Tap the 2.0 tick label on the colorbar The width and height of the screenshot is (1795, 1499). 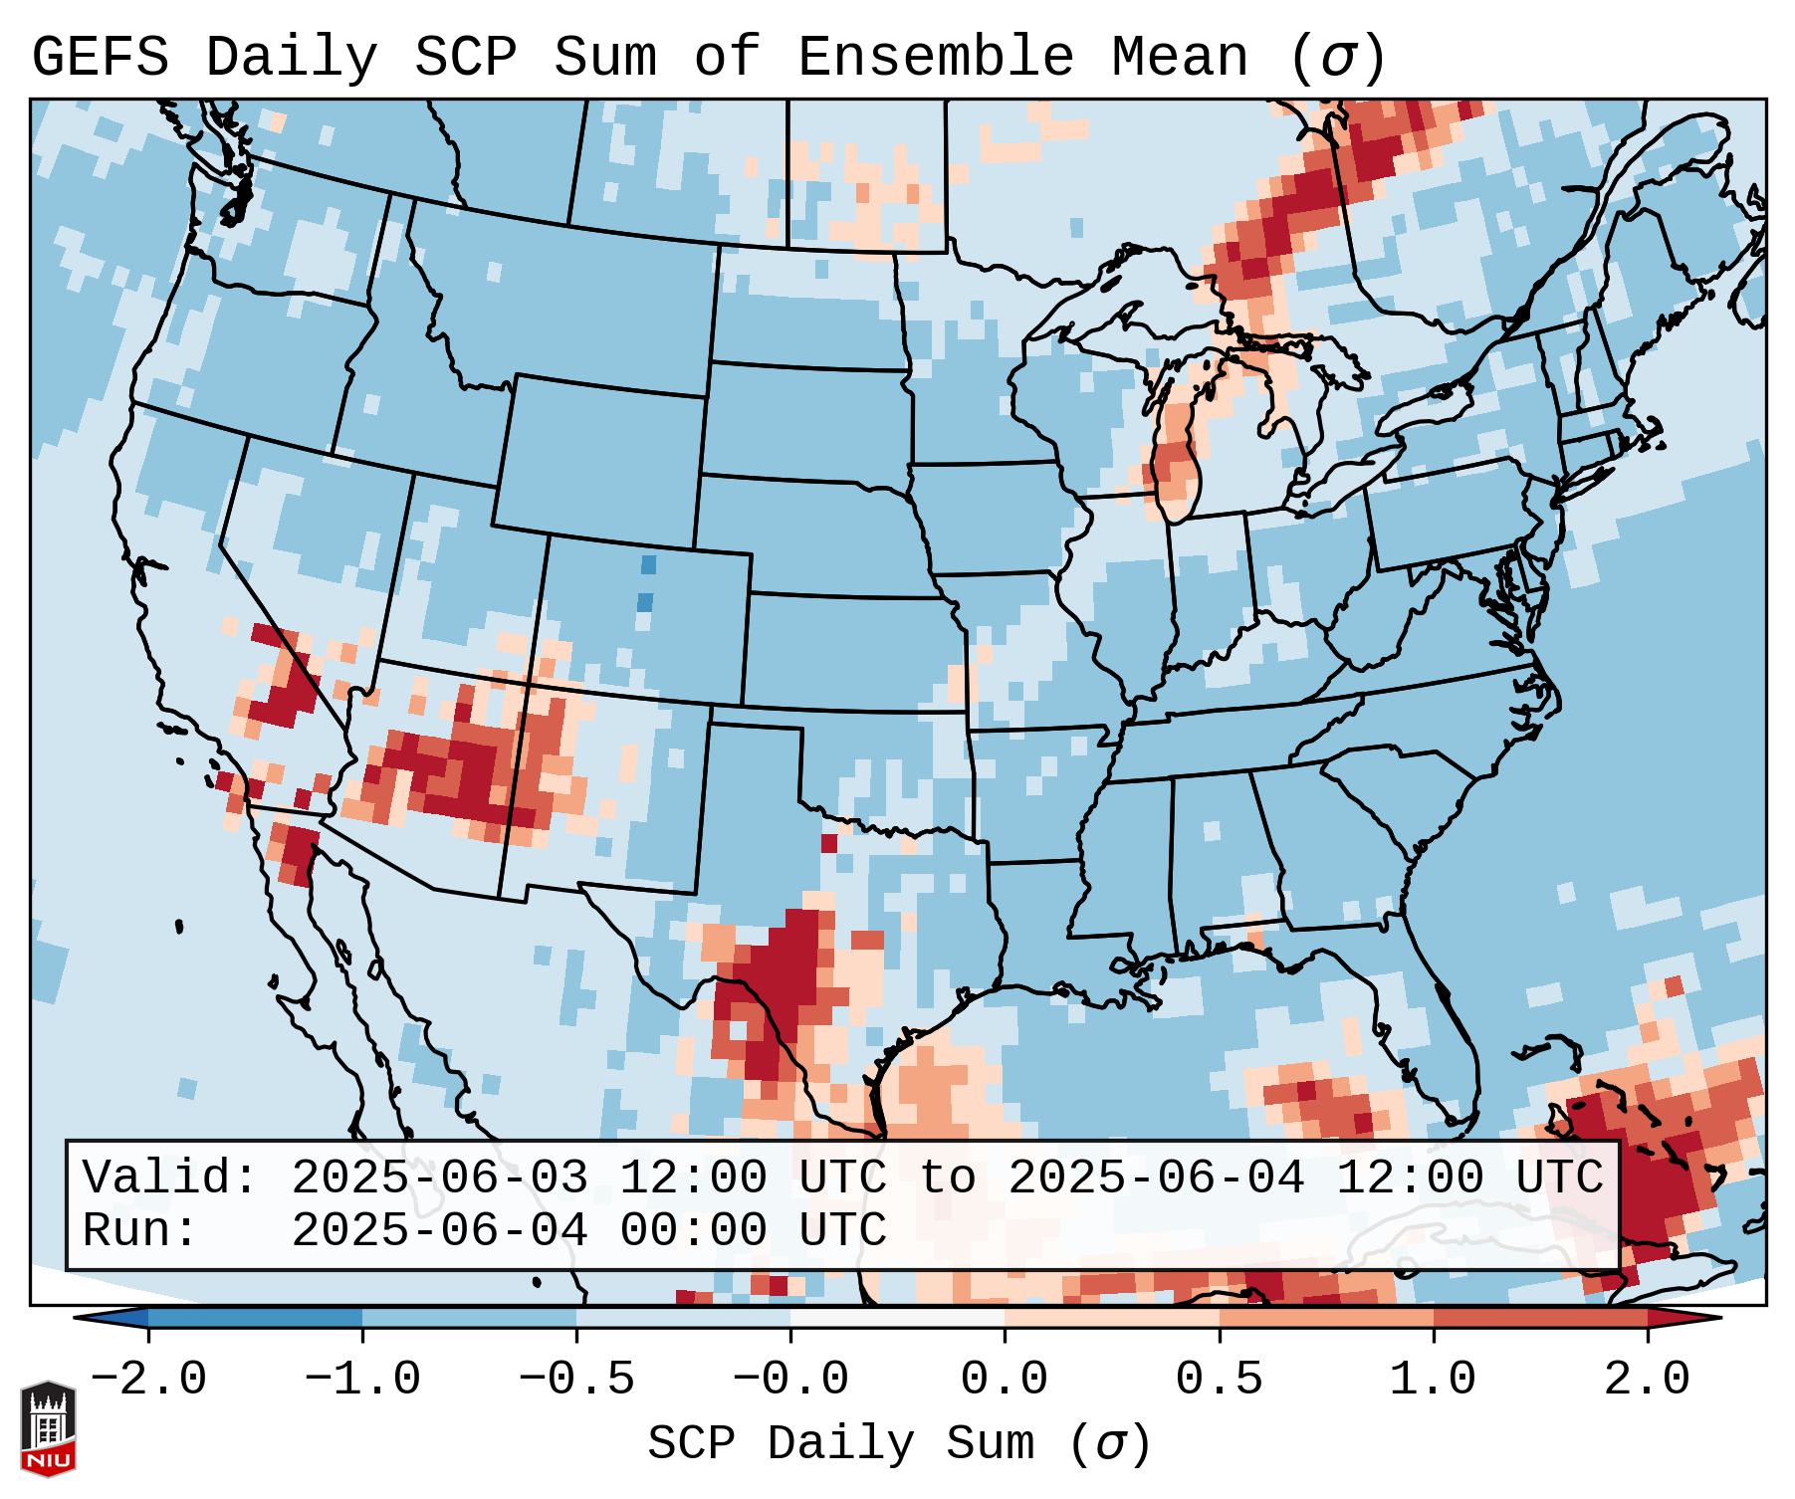(x=1647, y=1380)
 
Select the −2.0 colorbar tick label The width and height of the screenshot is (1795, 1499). (x=148, y=1380)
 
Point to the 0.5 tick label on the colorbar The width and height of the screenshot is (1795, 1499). (x=1219, y=1380)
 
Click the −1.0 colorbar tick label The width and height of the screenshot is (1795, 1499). (x=362, y=1380)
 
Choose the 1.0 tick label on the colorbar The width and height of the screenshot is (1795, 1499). (x=1433, y=1380)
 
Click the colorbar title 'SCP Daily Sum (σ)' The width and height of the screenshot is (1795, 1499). (x=899, y=1444)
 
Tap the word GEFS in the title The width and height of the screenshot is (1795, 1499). (x=100, y=58)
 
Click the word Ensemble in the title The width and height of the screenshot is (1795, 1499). (x=936, y=58)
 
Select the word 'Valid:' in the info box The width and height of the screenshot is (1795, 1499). (x=170, y=1178)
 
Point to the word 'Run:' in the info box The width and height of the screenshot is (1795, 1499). (x=140, y=1230)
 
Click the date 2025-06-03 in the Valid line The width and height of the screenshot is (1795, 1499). (x=439, y=1178)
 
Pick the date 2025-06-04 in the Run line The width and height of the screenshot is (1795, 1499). (x=439, y=1230)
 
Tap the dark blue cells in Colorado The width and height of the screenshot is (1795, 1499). (x=647, y=583)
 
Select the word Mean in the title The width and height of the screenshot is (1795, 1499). (x=1179, y=58)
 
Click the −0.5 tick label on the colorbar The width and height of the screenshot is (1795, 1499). (x=576, y=1380)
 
